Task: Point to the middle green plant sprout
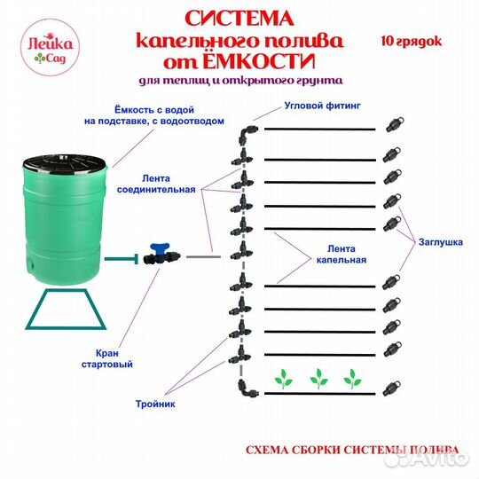(319, 380)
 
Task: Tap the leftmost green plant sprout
(284, 380)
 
